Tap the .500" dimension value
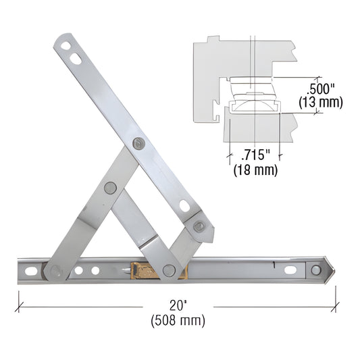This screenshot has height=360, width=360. coord(321,89)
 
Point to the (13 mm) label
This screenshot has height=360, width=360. coord(321,103)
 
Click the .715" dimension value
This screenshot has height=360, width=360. coord(253,155)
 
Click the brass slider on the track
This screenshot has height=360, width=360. coord(143,270)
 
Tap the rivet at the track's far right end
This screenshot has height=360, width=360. coord(316,270)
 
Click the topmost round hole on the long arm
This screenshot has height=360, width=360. coord(66,47)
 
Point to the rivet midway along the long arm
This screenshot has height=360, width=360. coord(138,143)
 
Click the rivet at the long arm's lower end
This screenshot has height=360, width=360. coord(199,226)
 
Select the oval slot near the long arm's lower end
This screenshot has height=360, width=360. coord(184,205)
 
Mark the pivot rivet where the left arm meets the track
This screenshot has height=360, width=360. coord(55,271)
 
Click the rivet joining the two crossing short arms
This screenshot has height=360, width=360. coord(110,188)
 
